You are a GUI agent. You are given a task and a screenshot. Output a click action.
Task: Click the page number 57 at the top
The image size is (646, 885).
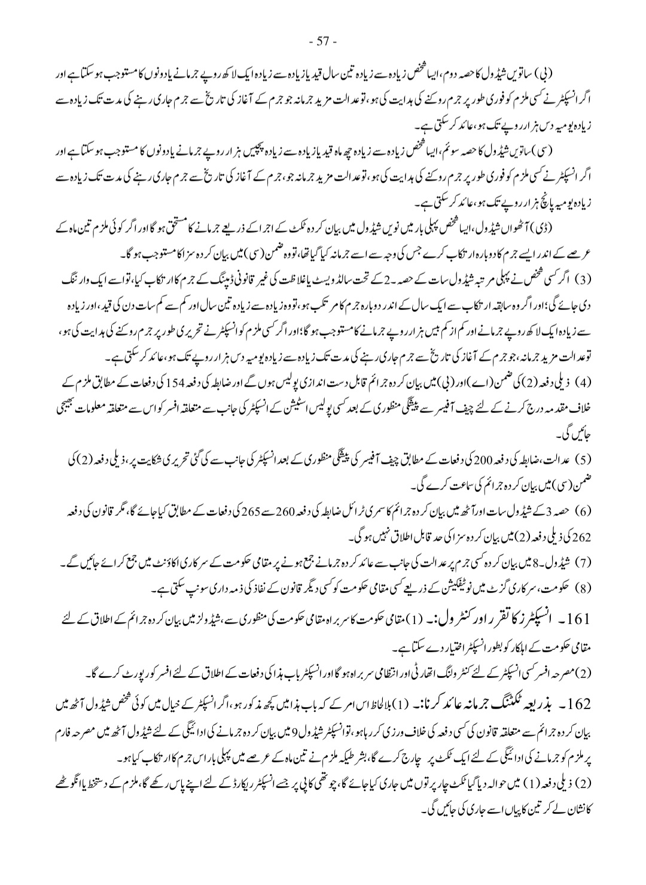(x=324, y=41)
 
